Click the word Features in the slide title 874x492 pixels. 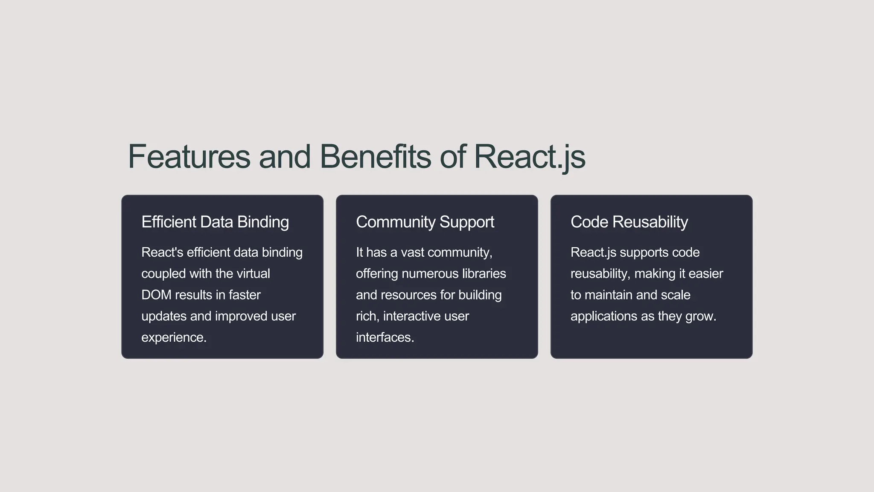(x=189, y=157)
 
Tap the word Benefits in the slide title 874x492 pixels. (x=375, y=157)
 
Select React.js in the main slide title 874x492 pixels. (x=529, y=157)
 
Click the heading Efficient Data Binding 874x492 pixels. (x=215, y=222)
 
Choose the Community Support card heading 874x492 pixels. (x=425, y=222)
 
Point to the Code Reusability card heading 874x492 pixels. (x=629, y=222)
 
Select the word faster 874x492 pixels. (x=245, y=295)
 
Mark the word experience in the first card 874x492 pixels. (x=174, y=337)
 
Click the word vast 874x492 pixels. (x=412, y=252)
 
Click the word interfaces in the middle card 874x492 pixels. (x=385, y=337)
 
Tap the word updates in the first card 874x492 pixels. (x=164, y=316)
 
